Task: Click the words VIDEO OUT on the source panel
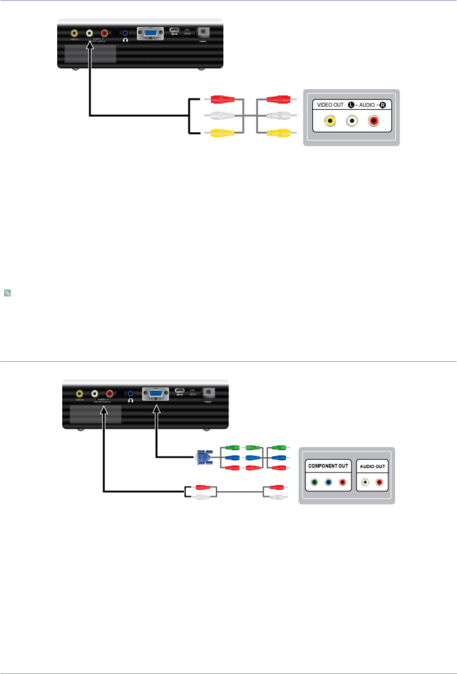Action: click(x=330, y=105)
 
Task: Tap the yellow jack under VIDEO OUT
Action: click(x=330, y=121)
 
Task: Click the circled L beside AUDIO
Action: click(x=351, y=105)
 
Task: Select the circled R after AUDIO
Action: click(x=383, y=105)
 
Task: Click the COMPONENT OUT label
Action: click(x=328, y=466)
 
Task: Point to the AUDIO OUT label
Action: click(x=372, y=466)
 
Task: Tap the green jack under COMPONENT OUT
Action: click(x=314, y=483)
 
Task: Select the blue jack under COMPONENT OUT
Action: click(x=328, y=483)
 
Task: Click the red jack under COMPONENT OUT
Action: click(x=342, y=483)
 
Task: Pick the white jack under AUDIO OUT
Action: click(x=365, y=483)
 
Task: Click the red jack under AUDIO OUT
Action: click(x=379, y=483)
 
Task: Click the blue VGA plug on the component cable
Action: click(x=203, y=458)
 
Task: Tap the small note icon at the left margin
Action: click(x=7, y=293)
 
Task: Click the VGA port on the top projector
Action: click(x=150, y=33)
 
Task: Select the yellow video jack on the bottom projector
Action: click(x=80, y=394)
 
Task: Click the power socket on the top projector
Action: click(x=203, y=32)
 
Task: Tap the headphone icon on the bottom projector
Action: click(x=131, y=400)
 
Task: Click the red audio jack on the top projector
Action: click(x=104, y=33)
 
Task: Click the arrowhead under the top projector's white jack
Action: click(x=90, y=46)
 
